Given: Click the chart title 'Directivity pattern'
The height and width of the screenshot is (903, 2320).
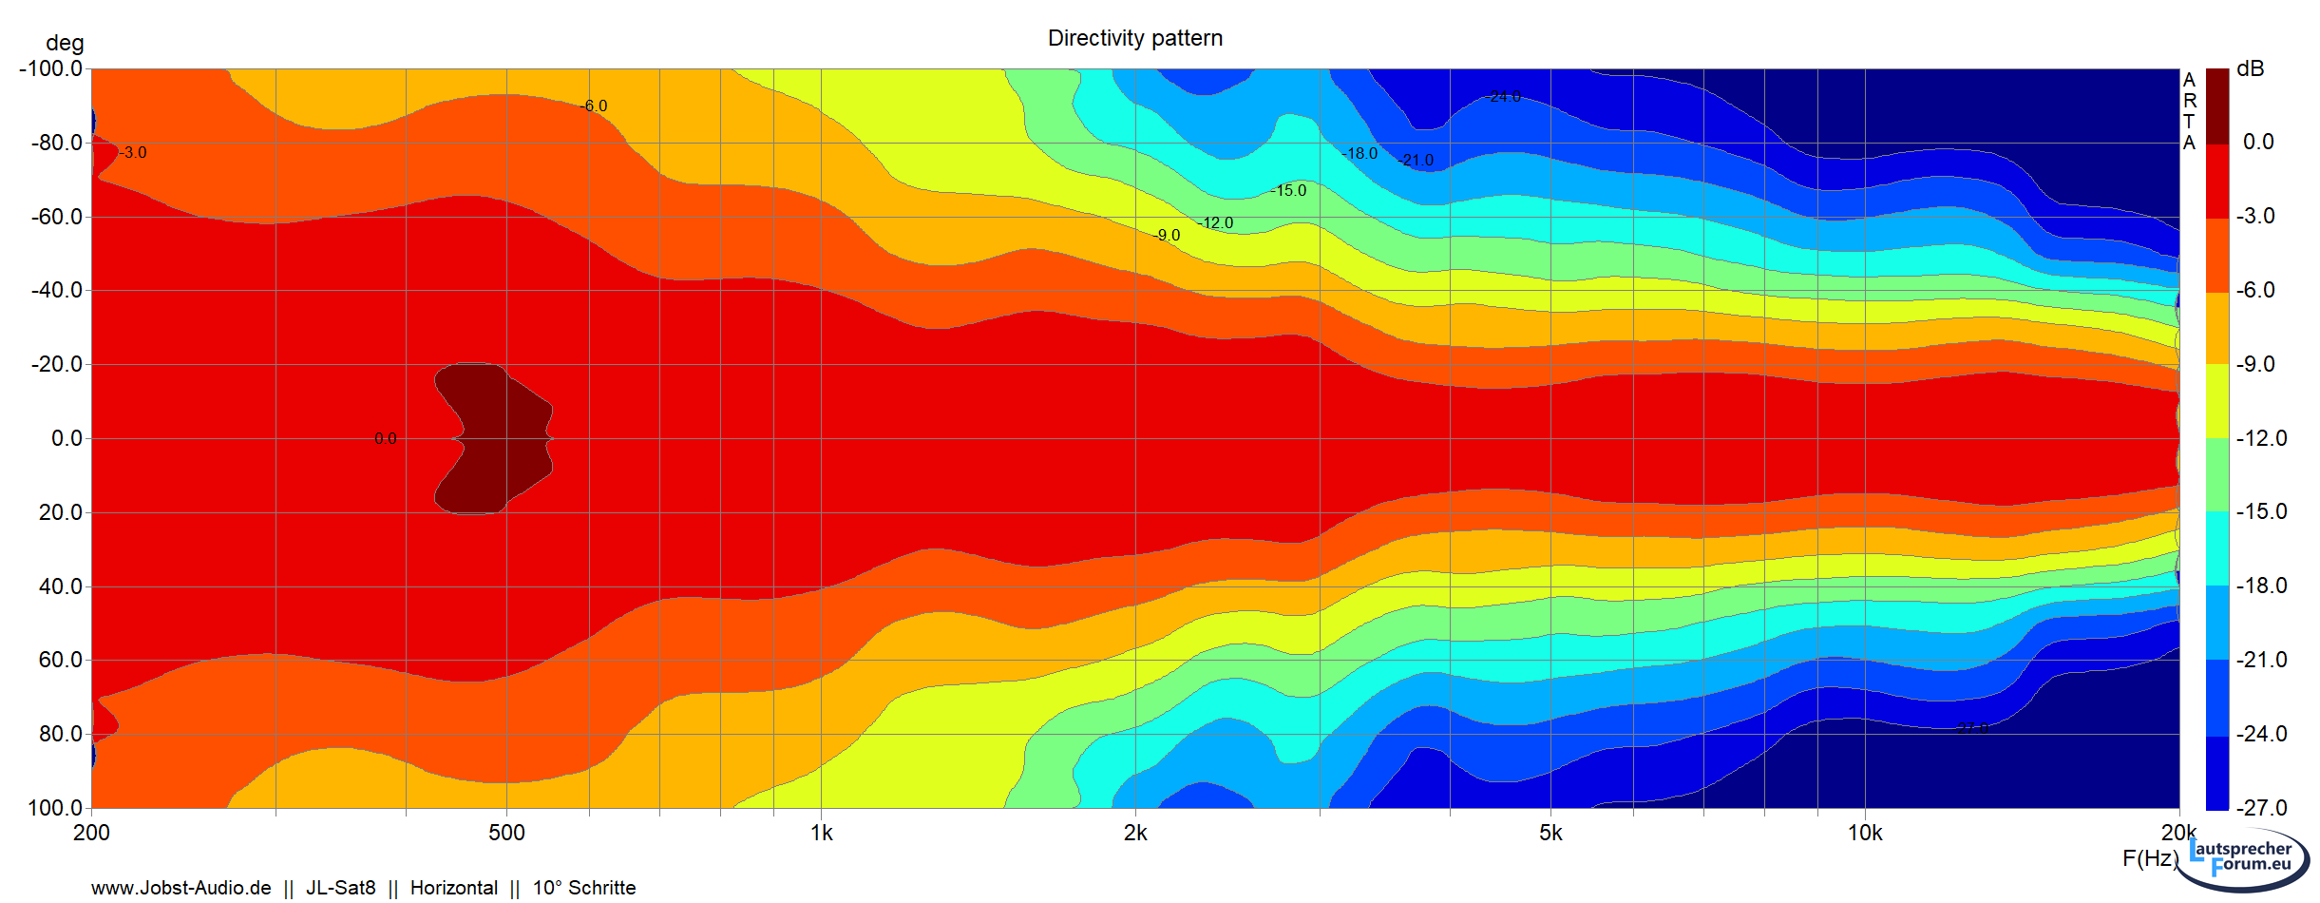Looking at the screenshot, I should tap(1134, 38).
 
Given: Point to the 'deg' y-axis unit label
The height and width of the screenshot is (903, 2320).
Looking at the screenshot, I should tap(65, 43).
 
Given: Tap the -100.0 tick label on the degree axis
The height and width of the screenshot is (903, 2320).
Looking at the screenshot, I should tap(51, 68).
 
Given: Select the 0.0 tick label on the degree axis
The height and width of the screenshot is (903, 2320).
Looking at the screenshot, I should tap(67, 438).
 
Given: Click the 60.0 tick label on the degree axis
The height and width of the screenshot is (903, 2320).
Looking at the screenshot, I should tap(61, 660).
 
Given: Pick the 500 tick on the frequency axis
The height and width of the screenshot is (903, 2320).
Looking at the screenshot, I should tap(506, 834).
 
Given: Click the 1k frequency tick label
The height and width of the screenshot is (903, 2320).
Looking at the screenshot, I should tap(821, 834).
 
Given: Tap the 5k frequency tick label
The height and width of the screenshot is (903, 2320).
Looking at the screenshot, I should tap(1550, 834).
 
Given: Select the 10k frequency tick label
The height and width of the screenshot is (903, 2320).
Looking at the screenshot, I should tap(1864, 834).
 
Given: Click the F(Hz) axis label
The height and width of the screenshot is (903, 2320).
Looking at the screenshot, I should tap(2150, 858).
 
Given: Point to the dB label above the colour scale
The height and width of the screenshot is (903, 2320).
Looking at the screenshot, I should tap(2251, 68).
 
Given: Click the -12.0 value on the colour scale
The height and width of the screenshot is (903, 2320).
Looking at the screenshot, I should tap(2261, 438).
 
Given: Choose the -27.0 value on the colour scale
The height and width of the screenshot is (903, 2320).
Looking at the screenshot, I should tap(2261, 808).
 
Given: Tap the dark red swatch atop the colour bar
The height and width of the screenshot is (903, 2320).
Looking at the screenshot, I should tap(2216, 105).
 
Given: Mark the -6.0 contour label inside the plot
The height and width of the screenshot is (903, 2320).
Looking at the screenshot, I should tap(595, 106).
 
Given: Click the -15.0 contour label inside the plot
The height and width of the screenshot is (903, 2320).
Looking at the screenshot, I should tap(1289, 190).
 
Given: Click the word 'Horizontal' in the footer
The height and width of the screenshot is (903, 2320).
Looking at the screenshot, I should tap(453, 888).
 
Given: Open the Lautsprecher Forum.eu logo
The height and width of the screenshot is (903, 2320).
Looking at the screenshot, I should tap(2250, 857).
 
